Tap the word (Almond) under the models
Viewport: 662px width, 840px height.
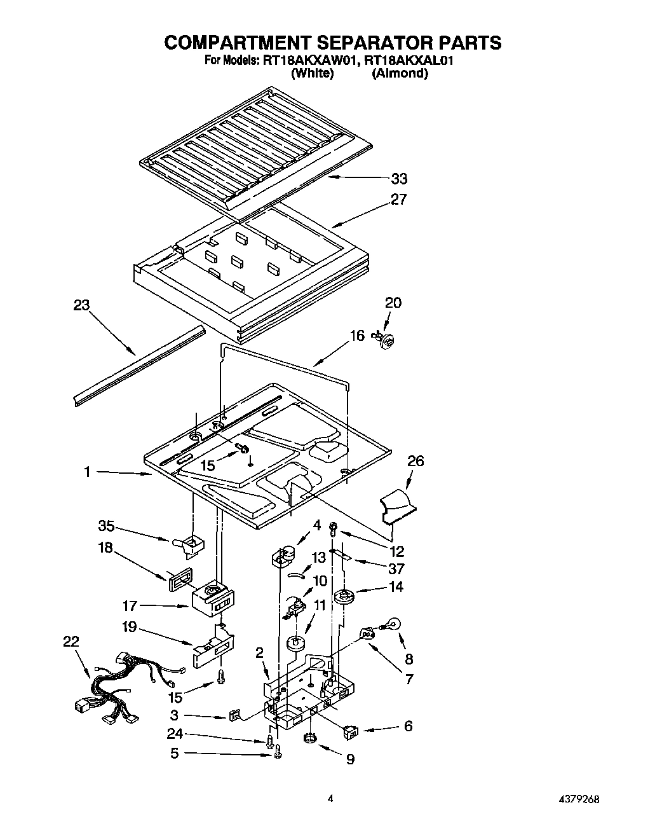[400, 73]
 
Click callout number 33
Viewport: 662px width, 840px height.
[399, 179]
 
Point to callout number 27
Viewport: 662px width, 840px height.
[398, 200]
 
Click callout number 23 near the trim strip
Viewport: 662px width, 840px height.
[81, 305]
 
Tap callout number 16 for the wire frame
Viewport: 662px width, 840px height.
[357, 336]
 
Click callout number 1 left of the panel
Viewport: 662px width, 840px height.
[86, 472]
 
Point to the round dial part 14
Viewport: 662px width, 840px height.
[346, 596]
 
